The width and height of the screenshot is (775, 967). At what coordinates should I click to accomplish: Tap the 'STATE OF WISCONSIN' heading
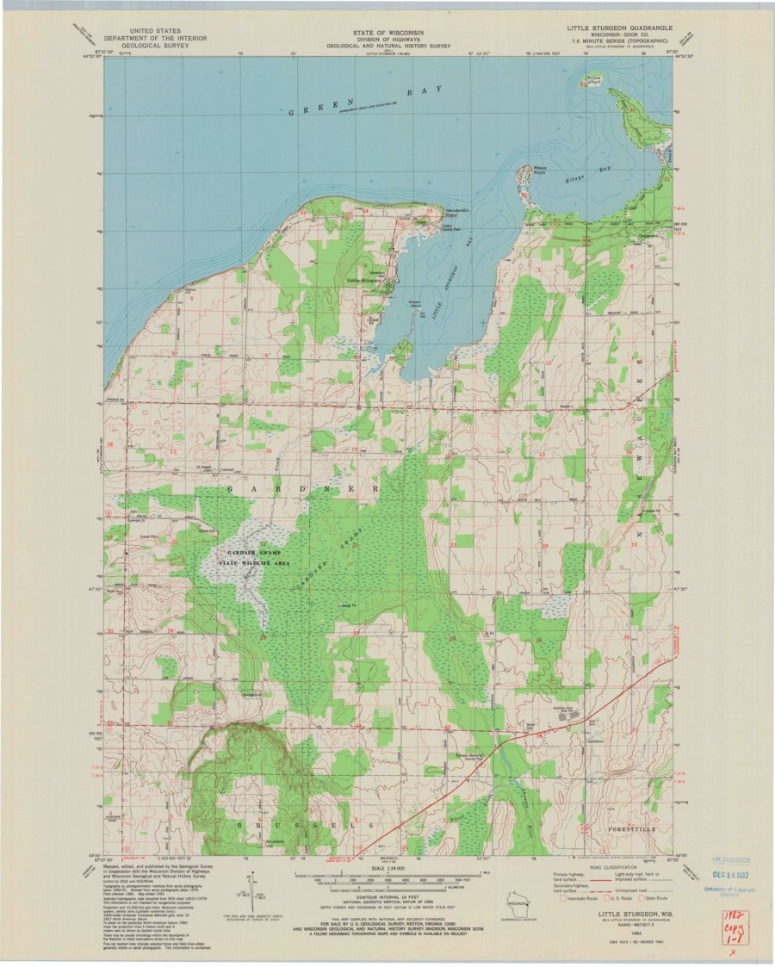tap(388, 32)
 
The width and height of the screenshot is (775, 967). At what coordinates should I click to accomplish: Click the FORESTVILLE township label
tap(631, 828)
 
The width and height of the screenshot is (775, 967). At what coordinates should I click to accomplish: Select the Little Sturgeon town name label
tap(365, 281)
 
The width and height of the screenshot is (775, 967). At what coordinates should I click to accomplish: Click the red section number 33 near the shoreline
tap(303, 212)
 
